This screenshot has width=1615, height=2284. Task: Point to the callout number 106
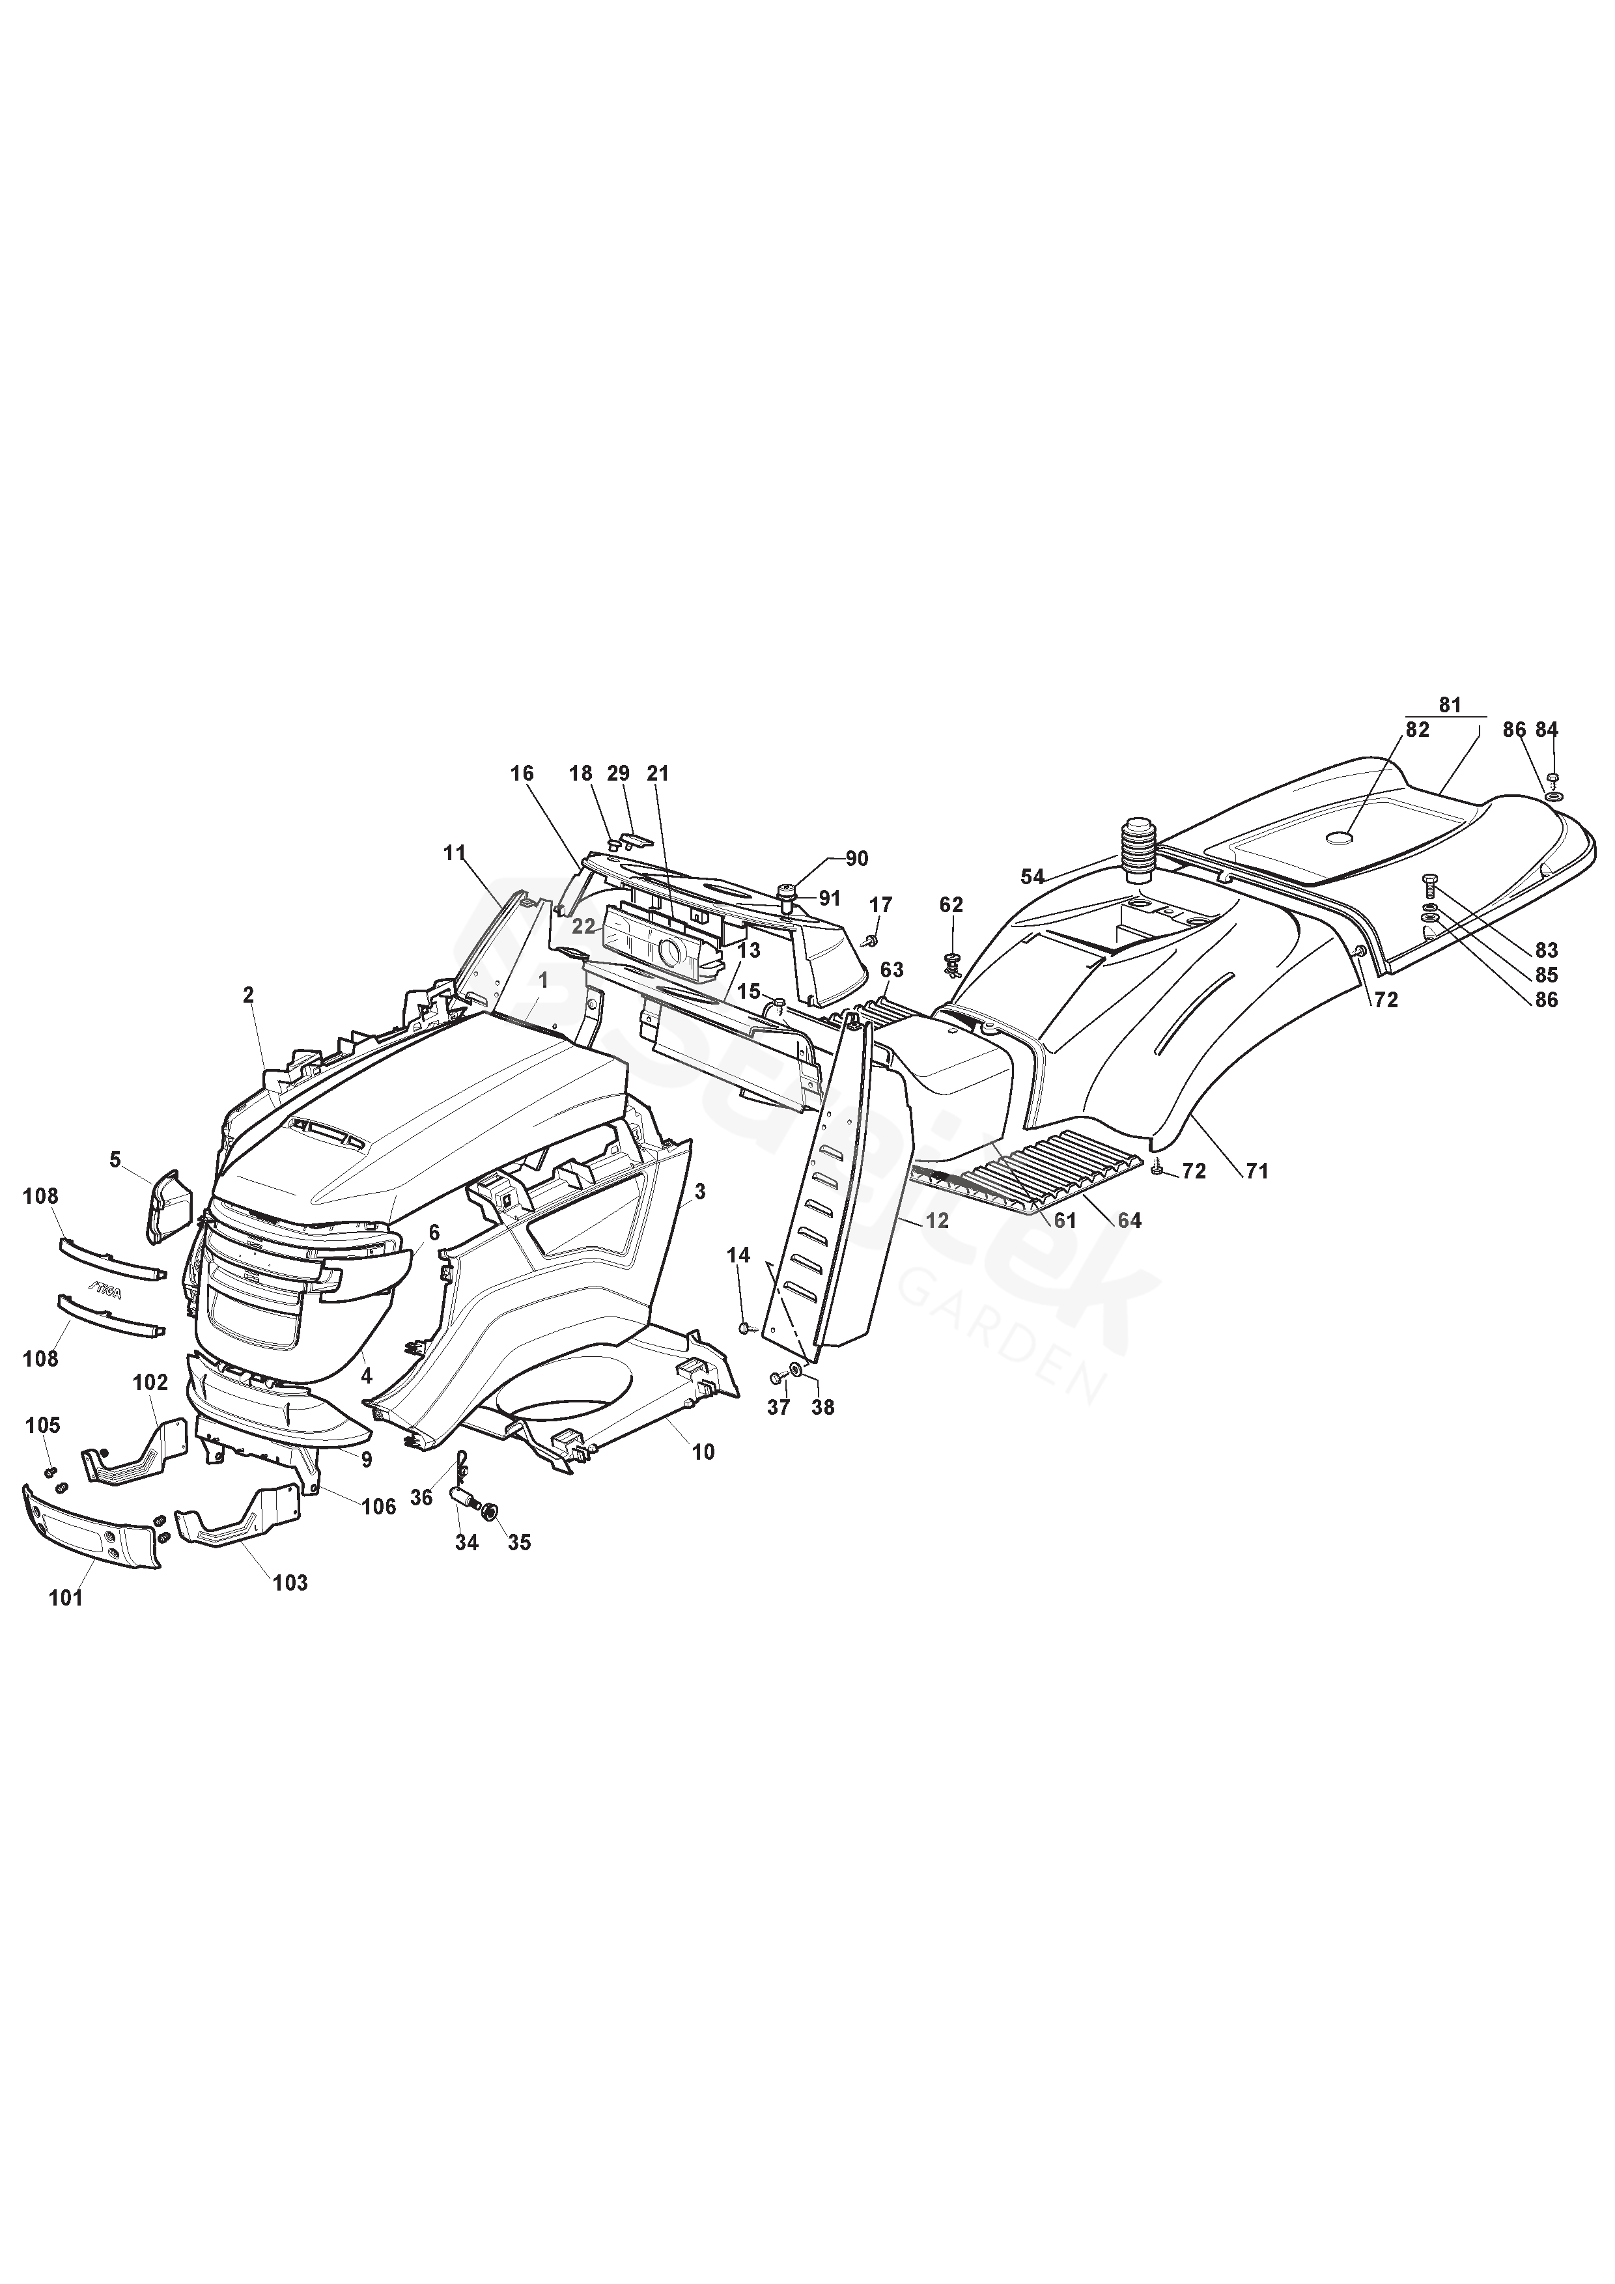coord(378,1507)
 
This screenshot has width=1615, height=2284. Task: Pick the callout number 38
coord(823,1408)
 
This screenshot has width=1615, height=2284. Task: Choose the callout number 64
coord(1129,1221)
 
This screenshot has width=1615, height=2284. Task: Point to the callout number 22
coord(583,926)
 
